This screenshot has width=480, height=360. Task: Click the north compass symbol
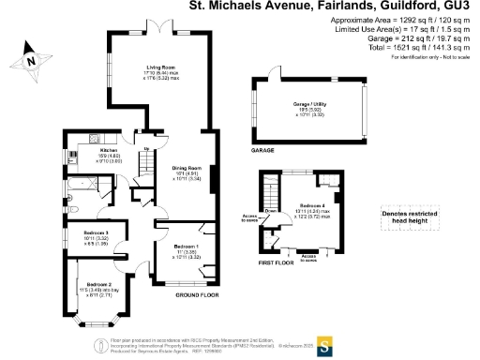pyautogui.click(x=31, y=62)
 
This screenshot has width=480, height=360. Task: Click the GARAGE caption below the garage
pyautogui.click(x=262, y=149)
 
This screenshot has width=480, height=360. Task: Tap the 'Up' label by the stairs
pyautogui.click(x=146, y=148)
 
